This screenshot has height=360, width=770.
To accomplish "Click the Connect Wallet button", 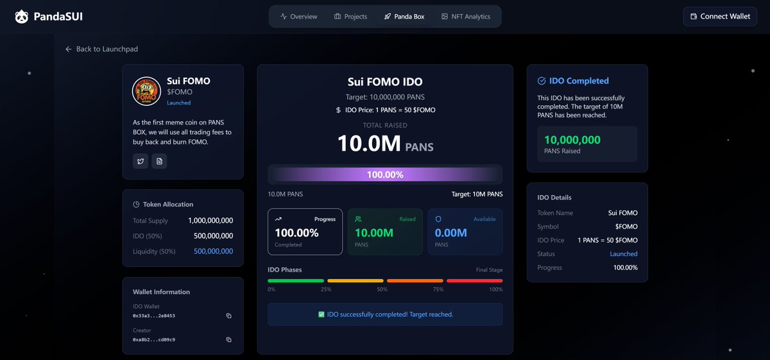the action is (720, 17).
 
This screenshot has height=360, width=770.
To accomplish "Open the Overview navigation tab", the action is (299, 17).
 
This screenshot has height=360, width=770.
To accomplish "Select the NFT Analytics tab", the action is (466, 17).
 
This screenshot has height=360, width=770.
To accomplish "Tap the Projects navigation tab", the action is (350, 17).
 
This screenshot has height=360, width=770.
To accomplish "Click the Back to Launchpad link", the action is (102, 49).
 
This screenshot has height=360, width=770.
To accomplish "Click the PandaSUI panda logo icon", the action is (22, 17).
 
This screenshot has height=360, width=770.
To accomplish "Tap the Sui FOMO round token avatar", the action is (146, 91).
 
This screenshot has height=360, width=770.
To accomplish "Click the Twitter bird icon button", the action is (141, 161).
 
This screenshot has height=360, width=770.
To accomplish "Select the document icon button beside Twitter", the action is (159, 161).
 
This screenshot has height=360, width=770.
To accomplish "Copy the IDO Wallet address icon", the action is (228, 316).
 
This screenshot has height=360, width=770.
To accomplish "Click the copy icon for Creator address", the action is (228, 339).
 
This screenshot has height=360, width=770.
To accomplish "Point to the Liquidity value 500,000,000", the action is (213, 252).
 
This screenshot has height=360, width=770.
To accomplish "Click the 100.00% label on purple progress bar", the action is (385, 175).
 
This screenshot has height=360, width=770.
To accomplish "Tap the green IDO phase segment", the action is (296, 281).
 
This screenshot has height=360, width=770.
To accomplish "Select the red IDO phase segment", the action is (475, 281).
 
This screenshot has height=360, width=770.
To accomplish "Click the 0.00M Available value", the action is (450, 233).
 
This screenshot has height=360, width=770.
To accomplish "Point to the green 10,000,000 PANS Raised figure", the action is (572, 140).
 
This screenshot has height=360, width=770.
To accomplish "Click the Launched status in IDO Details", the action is (624, 253).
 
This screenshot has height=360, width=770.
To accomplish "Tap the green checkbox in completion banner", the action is (321, 314).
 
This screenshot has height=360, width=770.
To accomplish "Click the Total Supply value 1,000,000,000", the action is (210, 220).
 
